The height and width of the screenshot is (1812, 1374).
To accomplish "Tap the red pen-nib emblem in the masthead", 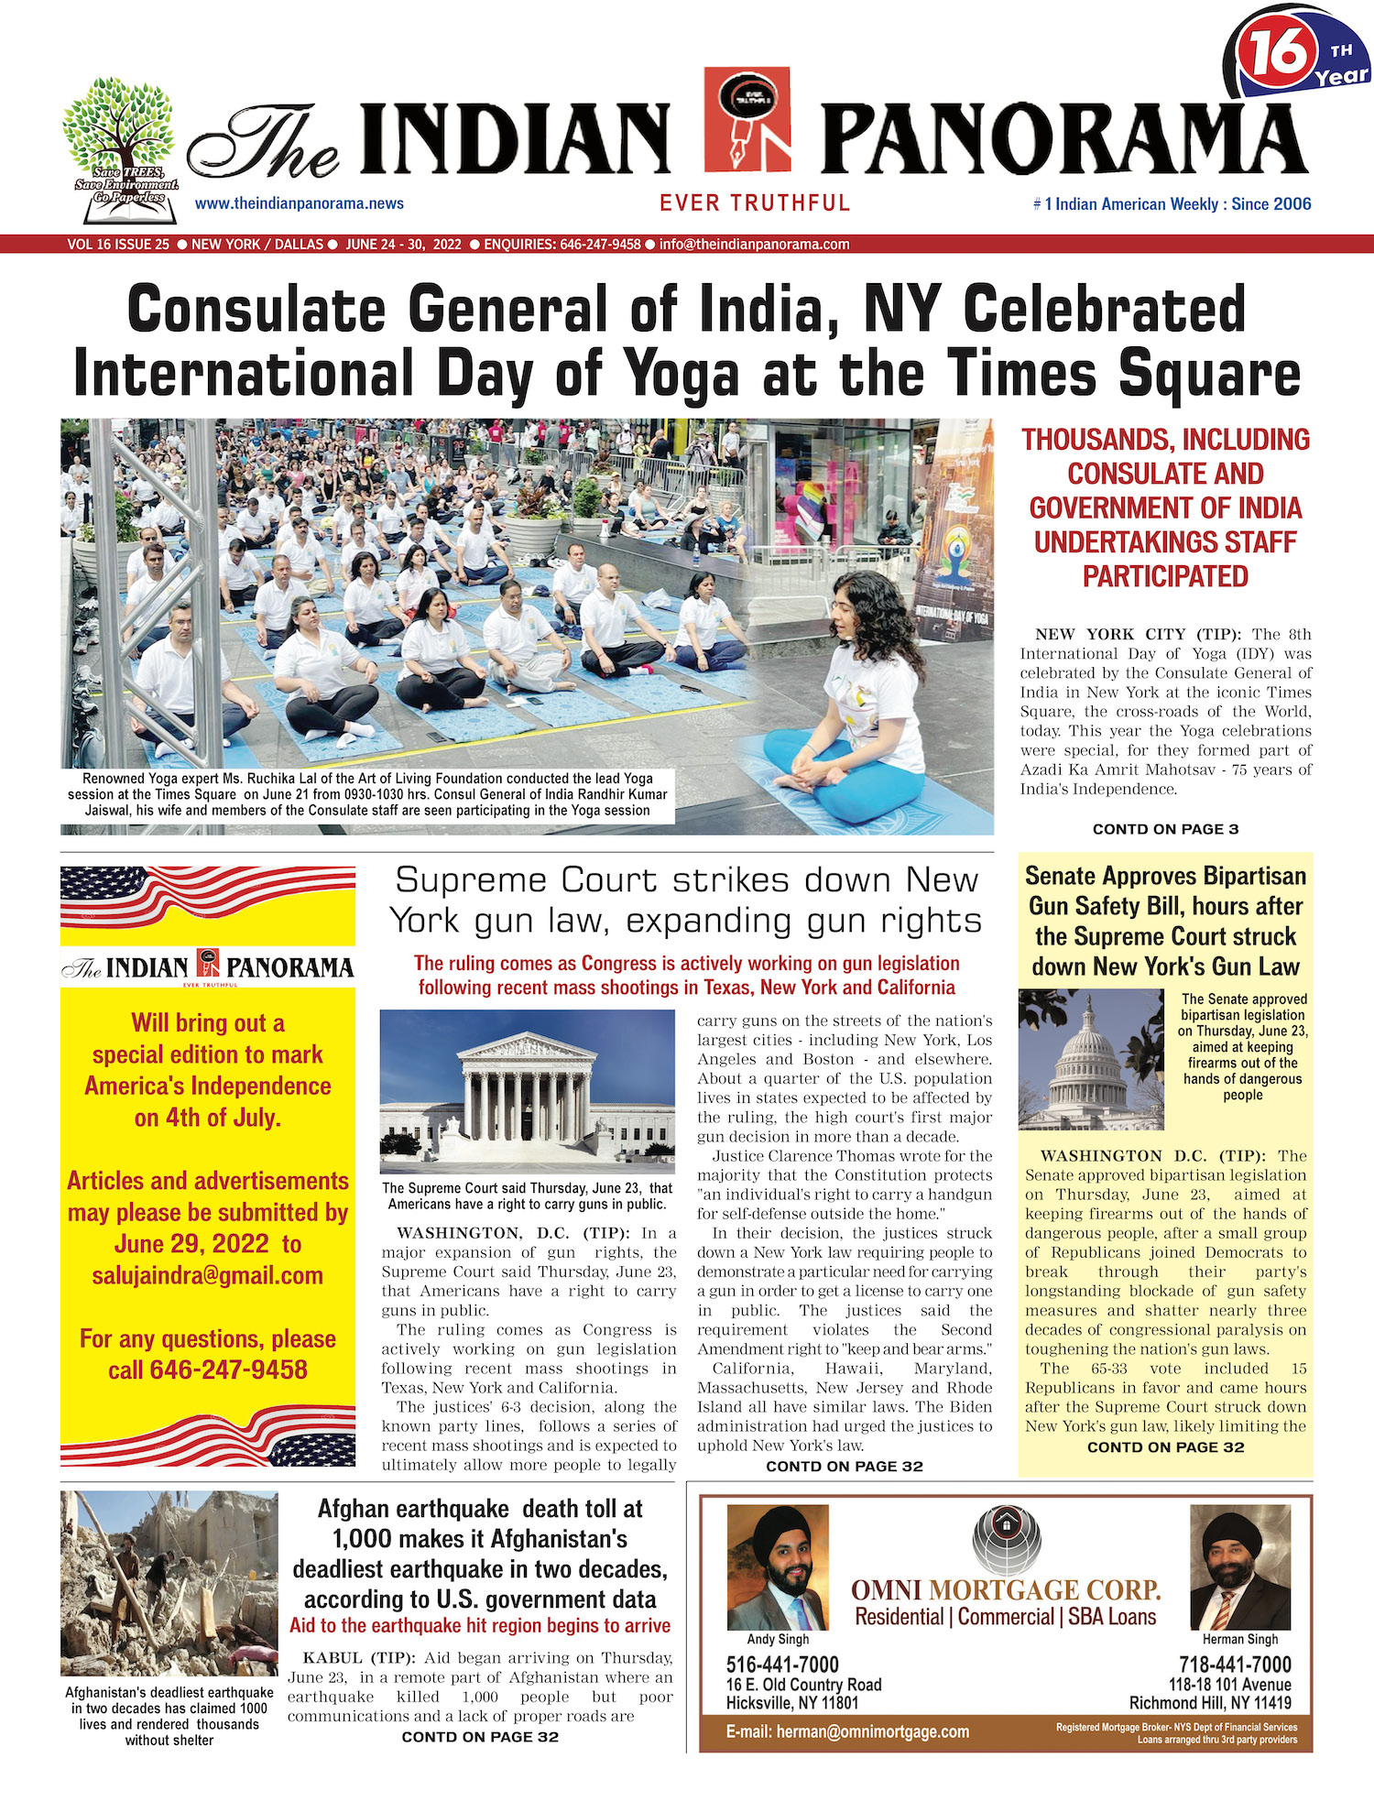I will pos(747,119).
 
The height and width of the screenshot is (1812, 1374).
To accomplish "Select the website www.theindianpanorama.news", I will pos(299,203).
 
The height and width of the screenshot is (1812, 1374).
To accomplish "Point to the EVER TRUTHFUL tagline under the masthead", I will pos(755,203).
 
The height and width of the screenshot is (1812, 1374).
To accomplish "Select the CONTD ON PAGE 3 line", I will pos(1165,829).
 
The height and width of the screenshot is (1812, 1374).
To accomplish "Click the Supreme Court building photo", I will pos(528,1092).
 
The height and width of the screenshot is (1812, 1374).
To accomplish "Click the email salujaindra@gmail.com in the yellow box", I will pos(208,1275).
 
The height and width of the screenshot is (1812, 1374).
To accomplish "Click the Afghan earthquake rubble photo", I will pos(169,1583).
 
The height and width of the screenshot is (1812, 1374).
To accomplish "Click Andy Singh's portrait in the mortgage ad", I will pos(777,1567).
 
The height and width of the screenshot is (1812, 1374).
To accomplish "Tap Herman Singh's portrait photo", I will pos(1239,1567).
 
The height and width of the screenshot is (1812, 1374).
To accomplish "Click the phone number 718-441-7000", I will pos(1234,1665).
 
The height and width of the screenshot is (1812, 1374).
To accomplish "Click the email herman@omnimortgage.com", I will pos(847,1731).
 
